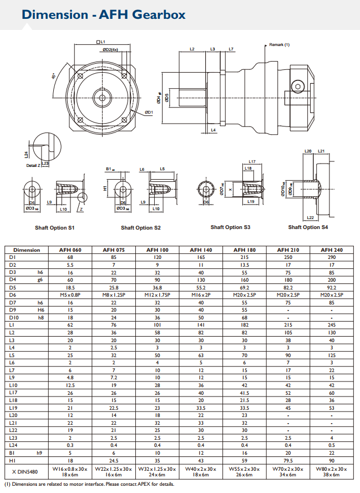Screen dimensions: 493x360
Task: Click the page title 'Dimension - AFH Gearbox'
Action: pos(104,14)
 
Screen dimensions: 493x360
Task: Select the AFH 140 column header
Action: pos(201,250)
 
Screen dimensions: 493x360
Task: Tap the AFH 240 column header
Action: pos(332,250)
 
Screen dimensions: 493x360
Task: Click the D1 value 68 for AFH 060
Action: pos(70,257)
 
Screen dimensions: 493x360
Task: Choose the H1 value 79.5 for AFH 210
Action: pos(288,460)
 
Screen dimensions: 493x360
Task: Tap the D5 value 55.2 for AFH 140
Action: pos(201,288)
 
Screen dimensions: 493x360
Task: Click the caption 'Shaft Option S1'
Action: pos(54,228)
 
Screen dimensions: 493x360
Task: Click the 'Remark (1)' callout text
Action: pos(280,44)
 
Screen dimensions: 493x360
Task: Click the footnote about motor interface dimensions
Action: pos(89,484)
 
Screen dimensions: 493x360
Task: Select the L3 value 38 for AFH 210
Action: pos(288,339)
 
